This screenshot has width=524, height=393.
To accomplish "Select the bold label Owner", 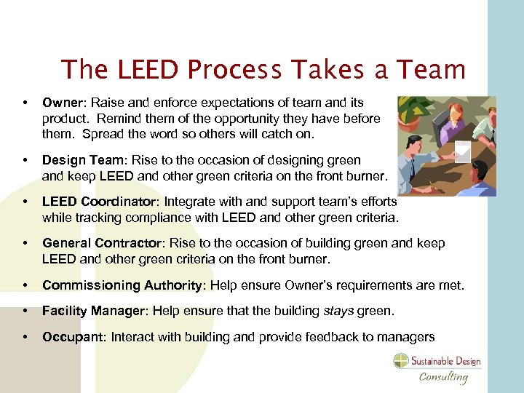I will (x=59, y=103).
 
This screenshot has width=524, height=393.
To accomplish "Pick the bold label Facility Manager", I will (x=92, y=311).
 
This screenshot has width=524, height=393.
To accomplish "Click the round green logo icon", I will (x=402, y=361).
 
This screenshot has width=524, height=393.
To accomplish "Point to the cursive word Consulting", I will (x=443, y=376).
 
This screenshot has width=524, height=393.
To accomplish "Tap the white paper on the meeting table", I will (x=463, y=151).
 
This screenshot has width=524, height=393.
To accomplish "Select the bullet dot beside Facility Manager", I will (x=25, y=311).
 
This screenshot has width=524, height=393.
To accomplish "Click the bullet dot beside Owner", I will (x=25, y=103).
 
